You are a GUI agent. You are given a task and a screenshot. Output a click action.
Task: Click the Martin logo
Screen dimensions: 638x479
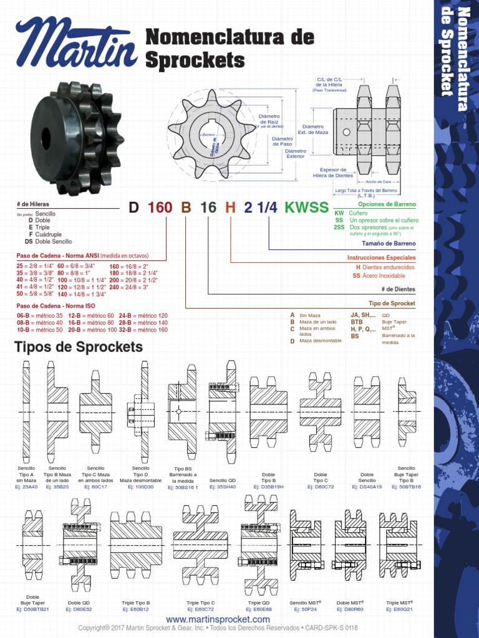click(x=76, y=44)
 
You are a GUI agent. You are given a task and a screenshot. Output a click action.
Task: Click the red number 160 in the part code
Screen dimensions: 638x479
click(x=160, y=207)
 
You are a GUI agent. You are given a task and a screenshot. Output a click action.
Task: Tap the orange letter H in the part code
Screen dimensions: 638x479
click(x=230, y=207)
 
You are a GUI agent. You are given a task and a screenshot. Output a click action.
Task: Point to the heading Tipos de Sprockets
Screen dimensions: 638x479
click(x=79, y=347)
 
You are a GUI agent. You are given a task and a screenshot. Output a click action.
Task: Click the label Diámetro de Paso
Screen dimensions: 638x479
click(x=283, y=141)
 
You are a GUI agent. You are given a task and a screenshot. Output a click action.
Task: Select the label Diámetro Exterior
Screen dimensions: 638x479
click(x=296, y=153)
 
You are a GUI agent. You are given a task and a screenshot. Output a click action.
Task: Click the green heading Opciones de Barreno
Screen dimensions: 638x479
click(x=387, y=204)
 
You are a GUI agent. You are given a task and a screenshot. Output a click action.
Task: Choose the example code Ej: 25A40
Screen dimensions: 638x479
click(x=26, y=487)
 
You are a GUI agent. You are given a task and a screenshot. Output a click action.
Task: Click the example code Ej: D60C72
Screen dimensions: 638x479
click(x=321, y=487)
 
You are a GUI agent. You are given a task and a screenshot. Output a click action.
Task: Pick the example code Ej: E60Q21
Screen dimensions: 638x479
click(x=400, y=609)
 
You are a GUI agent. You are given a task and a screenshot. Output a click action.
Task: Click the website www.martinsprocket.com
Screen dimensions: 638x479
click(x=218, y=619)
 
